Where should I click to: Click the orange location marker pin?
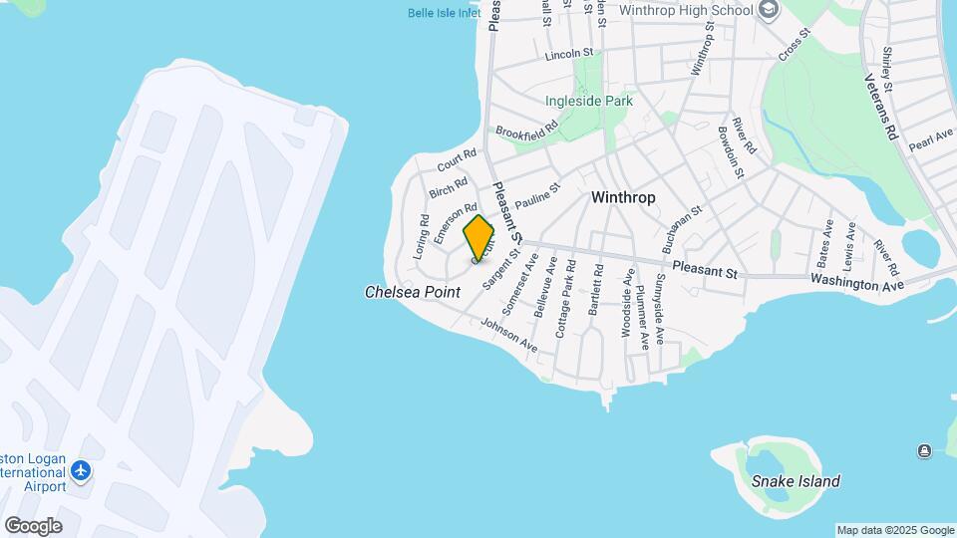(478, 238)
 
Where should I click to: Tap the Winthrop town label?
(623, 197)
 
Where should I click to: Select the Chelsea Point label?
(413, 292)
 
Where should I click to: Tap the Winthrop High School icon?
(769, 10)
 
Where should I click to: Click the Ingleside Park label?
(589, 101)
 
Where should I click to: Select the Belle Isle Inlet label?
(444, 13)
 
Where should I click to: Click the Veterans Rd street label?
(881, 108)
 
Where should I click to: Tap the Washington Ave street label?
(856, 284)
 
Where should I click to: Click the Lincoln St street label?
(569, 53)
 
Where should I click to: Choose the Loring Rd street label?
(422, 237)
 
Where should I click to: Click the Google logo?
(33, 526)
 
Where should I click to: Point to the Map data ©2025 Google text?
(895, 530)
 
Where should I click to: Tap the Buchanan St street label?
(683, 230)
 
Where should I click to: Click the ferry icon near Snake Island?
(924, 451)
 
